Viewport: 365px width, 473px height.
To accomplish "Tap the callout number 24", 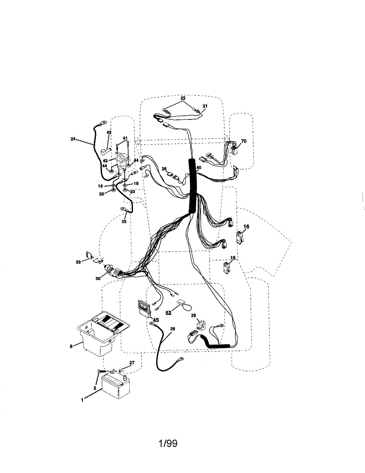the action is pyautogui.click(x=73, y=139).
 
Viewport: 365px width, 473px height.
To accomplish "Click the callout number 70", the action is pyautogui.click(x=243, y=141).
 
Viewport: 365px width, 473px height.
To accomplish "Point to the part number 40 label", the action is pyautogui.click(x=198, y=168).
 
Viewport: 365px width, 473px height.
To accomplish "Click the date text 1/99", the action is pyautogui.click(x=168, y=444).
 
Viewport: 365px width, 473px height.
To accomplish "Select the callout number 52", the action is pyautogui.click(x=168, y=313).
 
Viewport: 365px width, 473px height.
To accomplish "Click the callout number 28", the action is pyautogui.click(x=172, y=328).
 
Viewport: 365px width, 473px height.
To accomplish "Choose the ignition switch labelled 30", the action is pyautogui.click(x=112, y=272).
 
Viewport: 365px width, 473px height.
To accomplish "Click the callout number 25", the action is pyautogui.click(x=124, y=222).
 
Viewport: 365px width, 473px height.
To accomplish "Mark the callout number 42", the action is pyautogui.click(x=109, y=132).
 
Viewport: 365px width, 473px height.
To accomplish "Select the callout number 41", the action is pyautogui.click(x=125, y=138).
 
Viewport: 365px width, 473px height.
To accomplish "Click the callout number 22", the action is pyautogui.click(x=183, y=98).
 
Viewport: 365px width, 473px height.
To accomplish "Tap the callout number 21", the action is pyautogui.click(x=205, y=106).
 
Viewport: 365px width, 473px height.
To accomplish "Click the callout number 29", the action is pyautogui.click(x=193, y=315).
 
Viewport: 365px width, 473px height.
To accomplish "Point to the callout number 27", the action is pyautogui.click(x=132, y=363).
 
